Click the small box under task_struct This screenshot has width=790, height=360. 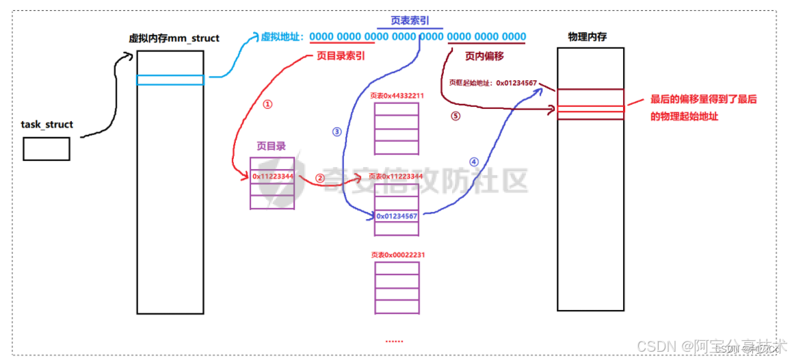(47, 149)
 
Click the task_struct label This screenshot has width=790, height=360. (47, 125)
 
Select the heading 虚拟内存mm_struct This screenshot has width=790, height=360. (174, 38)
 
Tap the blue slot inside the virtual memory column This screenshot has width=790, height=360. (170, 80)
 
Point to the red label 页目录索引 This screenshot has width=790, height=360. (341, 56)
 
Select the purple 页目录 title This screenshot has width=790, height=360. (271, 146)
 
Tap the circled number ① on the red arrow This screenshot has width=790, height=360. (267, 105)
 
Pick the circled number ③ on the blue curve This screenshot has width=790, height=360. (336, 132)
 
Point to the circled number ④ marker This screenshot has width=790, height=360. (474, 162)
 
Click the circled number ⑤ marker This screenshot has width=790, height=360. (456, 116)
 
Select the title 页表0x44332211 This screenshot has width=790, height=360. (397, 96)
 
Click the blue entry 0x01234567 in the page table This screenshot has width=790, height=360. (397, 216)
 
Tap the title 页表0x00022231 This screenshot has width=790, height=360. (397, 255)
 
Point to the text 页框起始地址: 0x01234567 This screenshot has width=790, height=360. (492, 83)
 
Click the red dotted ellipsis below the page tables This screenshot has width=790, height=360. (394, 340)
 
